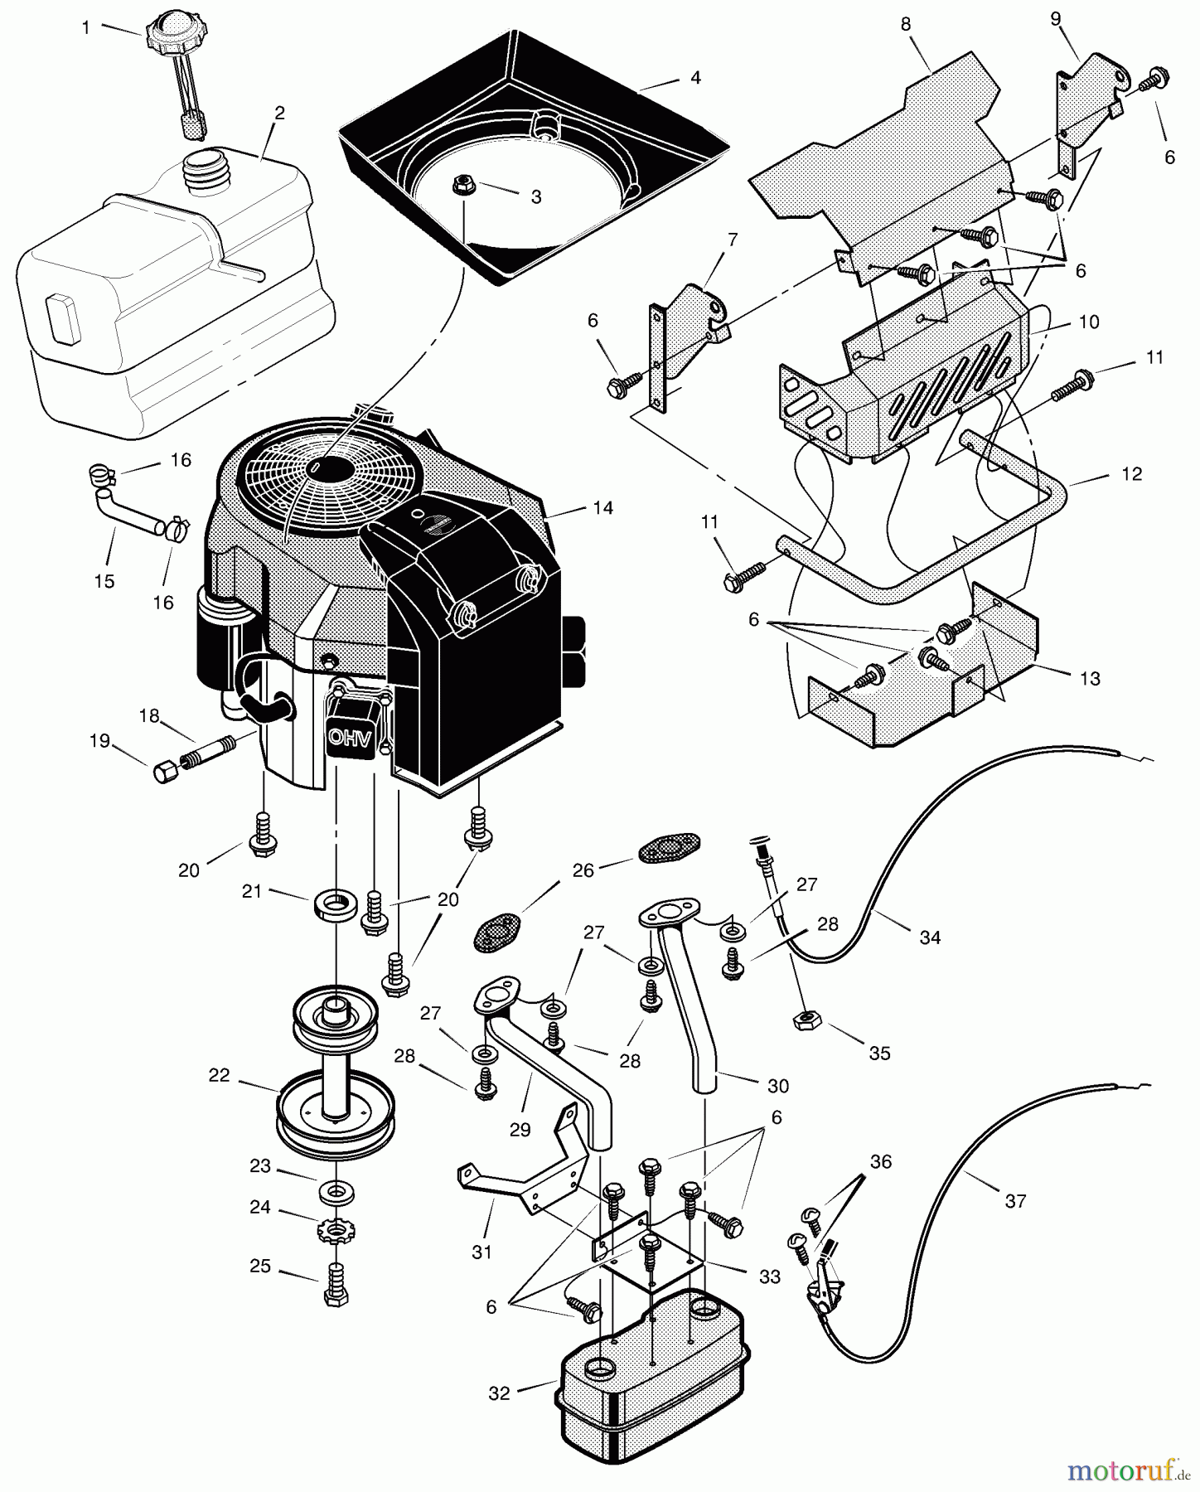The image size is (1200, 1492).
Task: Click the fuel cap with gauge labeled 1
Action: point(177,34)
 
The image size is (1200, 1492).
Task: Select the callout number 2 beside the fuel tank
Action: point(279,114)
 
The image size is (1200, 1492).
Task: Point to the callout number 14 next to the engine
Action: point(603,508)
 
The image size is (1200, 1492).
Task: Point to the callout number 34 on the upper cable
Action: point(930,937)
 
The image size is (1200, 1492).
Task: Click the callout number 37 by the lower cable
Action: point(1015,1200)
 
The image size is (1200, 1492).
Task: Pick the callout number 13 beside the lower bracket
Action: point(1090,678)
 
